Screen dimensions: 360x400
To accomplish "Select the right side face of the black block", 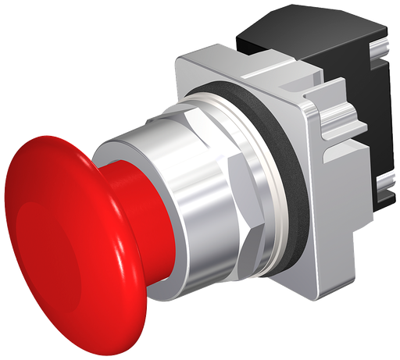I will [387, 117].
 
